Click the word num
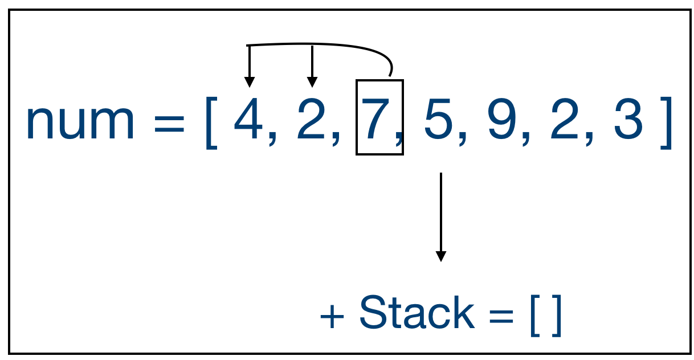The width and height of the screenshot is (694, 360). [80, 122]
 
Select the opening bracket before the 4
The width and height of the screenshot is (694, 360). [211, 122]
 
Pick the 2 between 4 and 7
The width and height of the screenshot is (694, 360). [310, 121]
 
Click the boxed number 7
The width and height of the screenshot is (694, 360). [374, 121]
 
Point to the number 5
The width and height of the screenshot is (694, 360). [437, 121]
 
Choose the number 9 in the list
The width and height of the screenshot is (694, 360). [501, 121]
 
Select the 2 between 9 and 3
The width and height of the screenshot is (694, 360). [564, 121]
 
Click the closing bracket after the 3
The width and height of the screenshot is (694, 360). [666, 122]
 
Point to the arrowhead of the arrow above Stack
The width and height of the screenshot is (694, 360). [440, 256]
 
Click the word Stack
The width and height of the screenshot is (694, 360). [417, 313]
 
